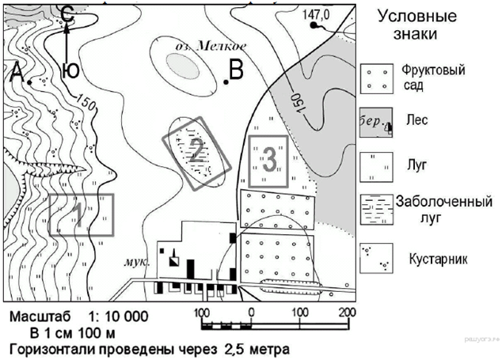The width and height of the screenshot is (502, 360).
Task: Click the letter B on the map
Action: (236, 71)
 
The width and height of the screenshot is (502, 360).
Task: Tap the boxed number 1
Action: (79, 214)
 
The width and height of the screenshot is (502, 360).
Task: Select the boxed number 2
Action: (196, 148)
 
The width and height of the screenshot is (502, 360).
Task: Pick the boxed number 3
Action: (268, 160)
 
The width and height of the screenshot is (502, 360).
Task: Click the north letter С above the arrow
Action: (67, 13)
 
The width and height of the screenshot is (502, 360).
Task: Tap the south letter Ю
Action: (70, 71)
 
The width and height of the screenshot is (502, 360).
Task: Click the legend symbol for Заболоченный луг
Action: (377, 210)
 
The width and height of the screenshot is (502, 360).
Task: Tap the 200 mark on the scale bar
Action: (345, 310)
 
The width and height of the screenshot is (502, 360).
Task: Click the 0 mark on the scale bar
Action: (250, 310)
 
